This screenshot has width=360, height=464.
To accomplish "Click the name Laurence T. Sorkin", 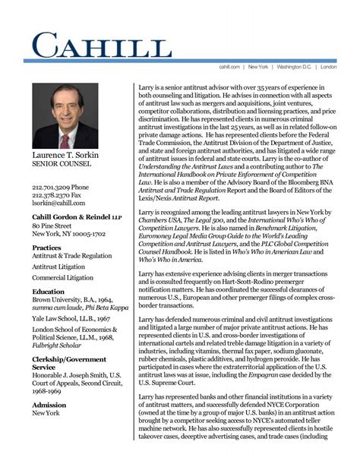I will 65,156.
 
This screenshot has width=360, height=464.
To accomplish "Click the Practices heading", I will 46,248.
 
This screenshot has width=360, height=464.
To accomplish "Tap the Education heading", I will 48,292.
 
